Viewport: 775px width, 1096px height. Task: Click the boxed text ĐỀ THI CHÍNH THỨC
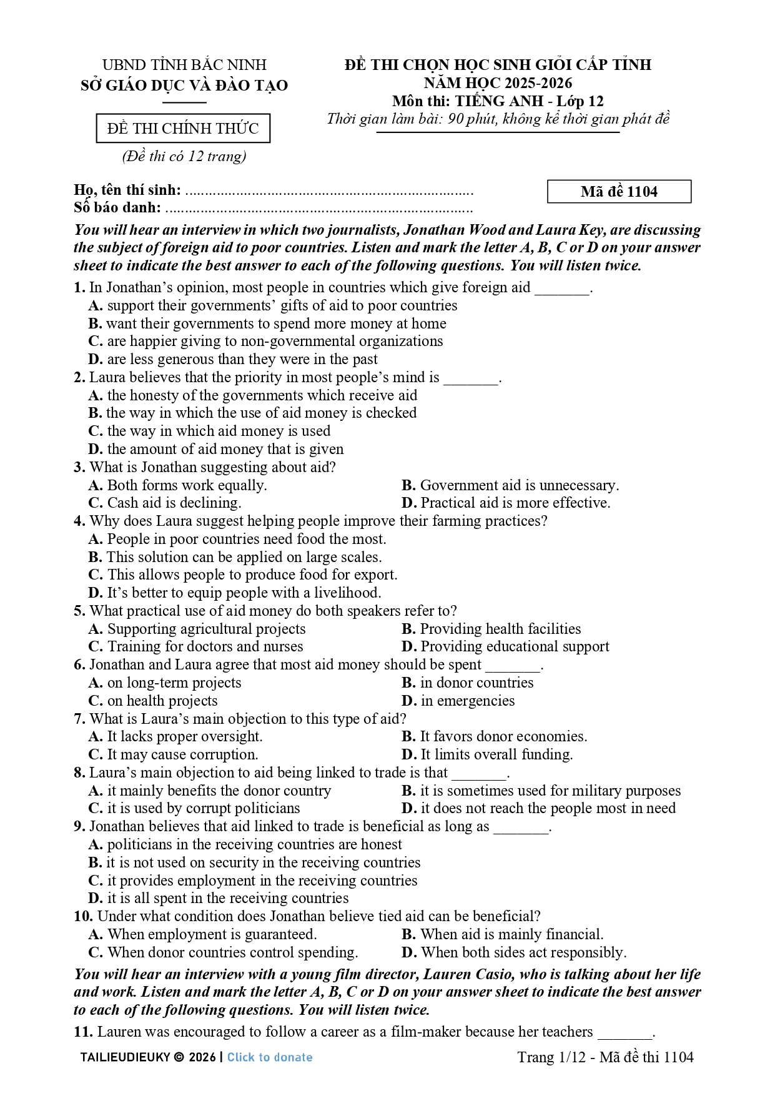click(183, 129)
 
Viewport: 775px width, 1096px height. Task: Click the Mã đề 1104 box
click(619, 192)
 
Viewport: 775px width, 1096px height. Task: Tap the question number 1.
click(79, 288)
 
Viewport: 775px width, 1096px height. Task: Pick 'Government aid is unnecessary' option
click(510, 485)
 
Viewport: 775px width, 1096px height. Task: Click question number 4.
click(79, 521)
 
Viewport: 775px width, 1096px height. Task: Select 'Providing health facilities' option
click(491, 629)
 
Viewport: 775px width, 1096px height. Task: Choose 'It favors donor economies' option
click(494, 737)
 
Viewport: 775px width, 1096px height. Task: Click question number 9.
click(79, 827)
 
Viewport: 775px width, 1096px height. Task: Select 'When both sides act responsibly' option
click(514, 953)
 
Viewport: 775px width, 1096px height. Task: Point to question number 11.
click(82, 1032)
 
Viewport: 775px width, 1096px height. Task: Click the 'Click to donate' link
click(270, 1057)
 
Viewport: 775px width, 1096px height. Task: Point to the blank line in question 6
click(513, 666)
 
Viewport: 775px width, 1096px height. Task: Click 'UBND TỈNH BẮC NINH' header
click(184, 65)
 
